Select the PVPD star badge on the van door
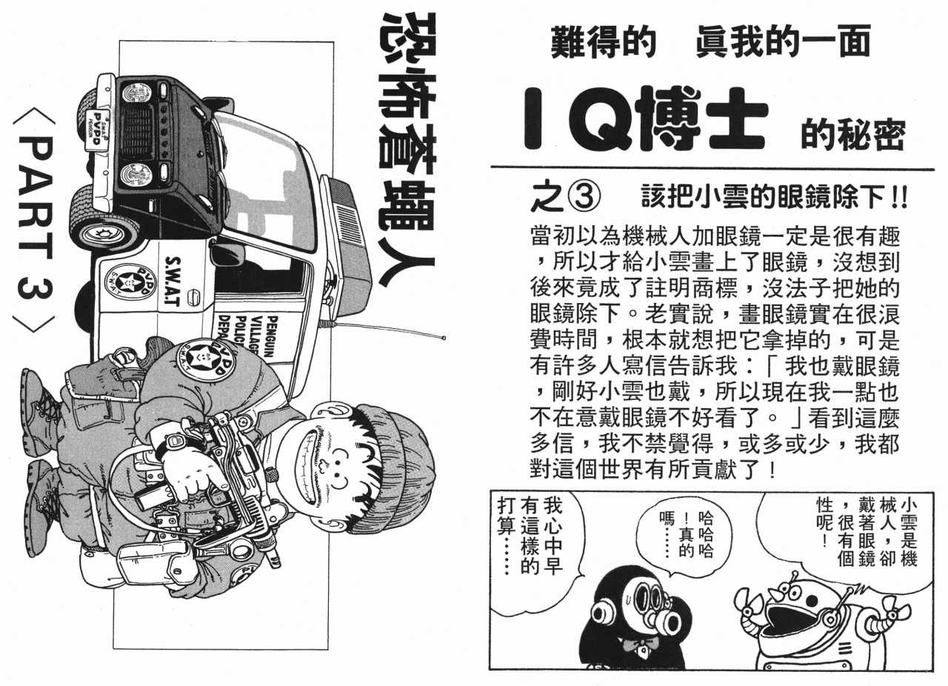130,282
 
